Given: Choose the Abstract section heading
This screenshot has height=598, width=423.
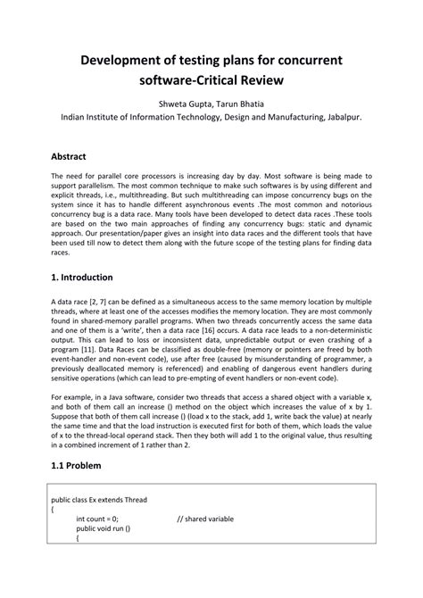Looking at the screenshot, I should click(x=74, y=154).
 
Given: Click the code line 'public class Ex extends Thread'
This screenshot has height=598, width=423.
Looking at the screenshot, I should click(x=99, y=499).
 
